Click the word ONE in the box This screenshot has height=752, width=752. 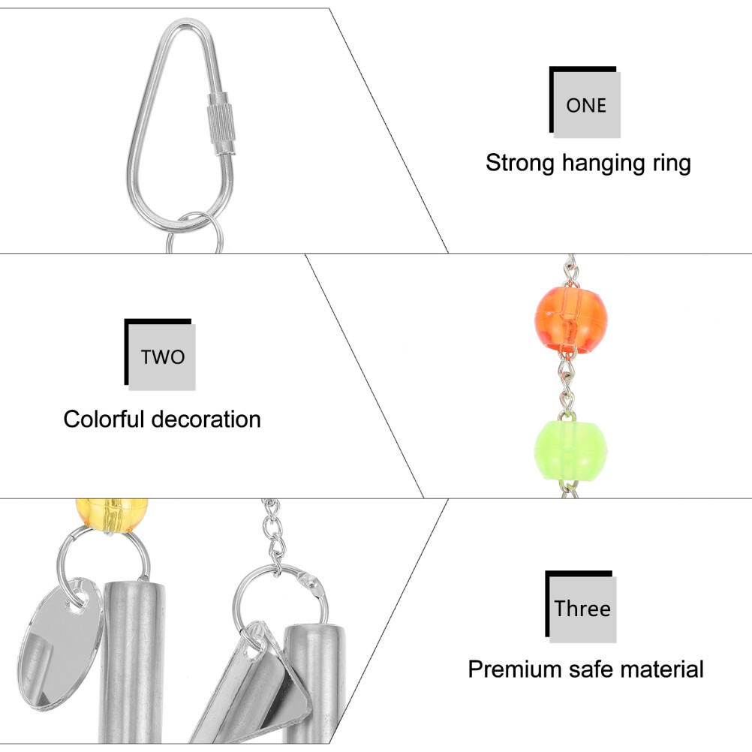point(586,105)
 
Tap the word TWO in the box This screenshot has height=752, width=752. point(162,356)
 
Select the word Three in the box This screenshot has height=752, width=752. point(582,607)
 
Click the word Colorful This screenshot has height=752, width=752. point(108,419)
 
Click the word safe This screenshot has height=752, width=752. point(591,669)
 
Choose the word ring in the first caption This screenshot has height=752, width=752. point(671,164)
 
